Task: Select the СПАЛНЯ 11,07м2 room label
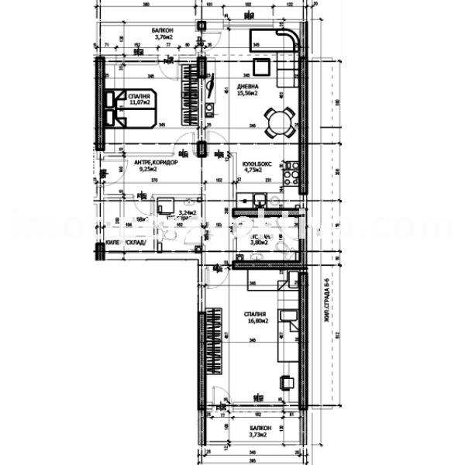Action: point(139,98)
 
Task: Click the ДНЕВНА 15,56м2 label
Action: point(248,90)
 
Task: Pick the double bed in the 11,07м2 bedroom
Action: point(132,108)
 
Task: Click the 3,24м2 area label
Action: point(188,212)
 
